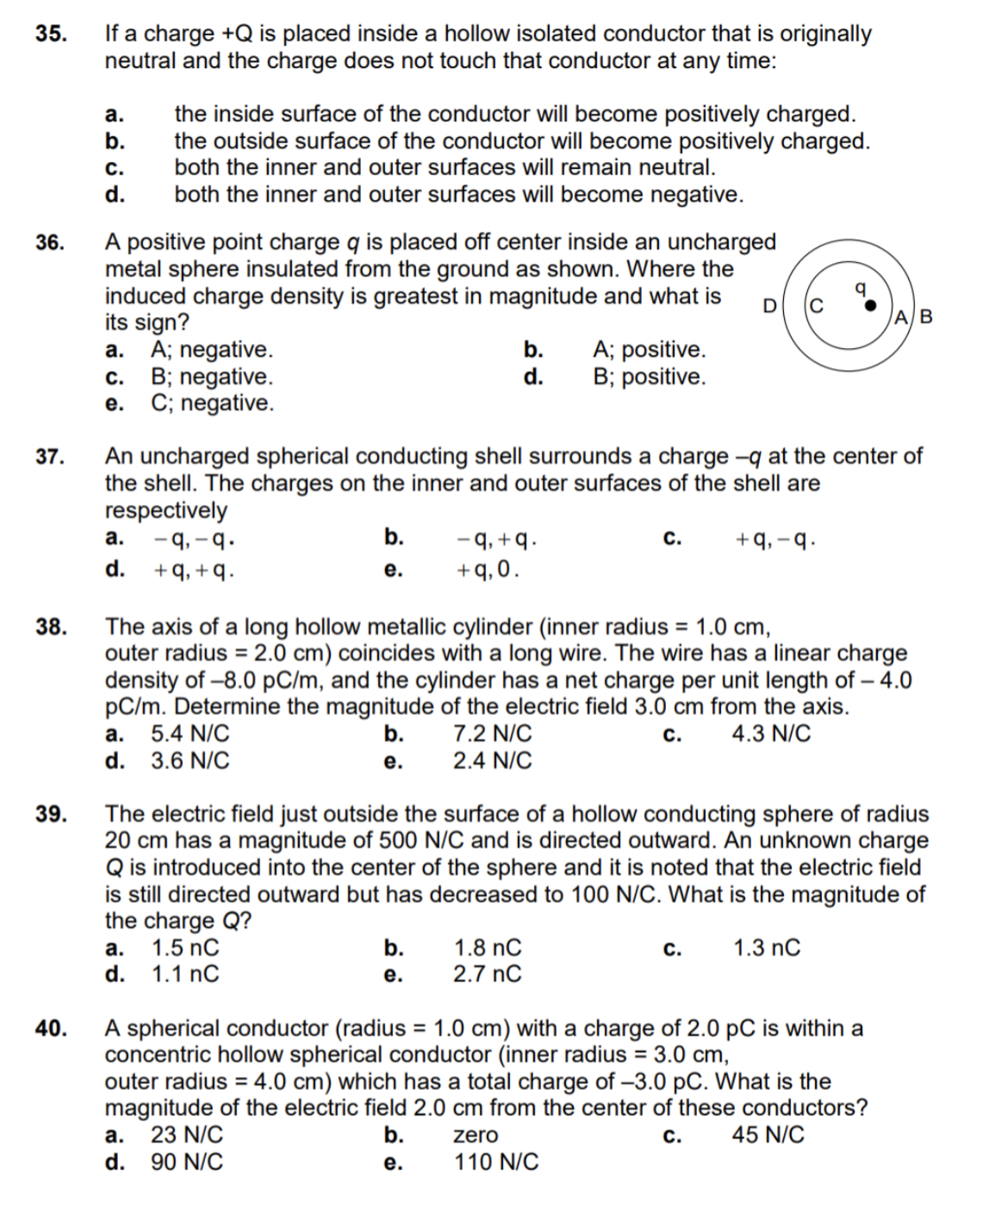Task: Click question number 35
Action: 51,34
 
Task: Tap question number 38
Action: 51,626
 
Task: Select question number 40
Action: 51,1029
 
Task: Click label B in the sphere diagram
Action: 925,316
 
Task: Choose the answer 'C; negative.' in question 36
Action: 212,403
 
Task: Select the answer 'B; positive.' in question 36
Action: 649,377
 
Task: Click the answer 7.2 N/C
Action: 492,734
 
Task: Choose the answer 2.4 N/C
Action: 492,761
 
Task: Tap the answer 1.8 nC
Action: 488,948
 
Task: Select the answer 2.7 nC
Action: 488,974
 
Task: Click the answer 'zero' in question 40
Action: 476,1136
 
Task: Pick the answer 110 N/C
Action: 496,1162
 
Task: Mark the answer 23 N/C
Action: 187,1135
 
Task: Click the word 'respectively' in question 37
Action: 165,510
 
